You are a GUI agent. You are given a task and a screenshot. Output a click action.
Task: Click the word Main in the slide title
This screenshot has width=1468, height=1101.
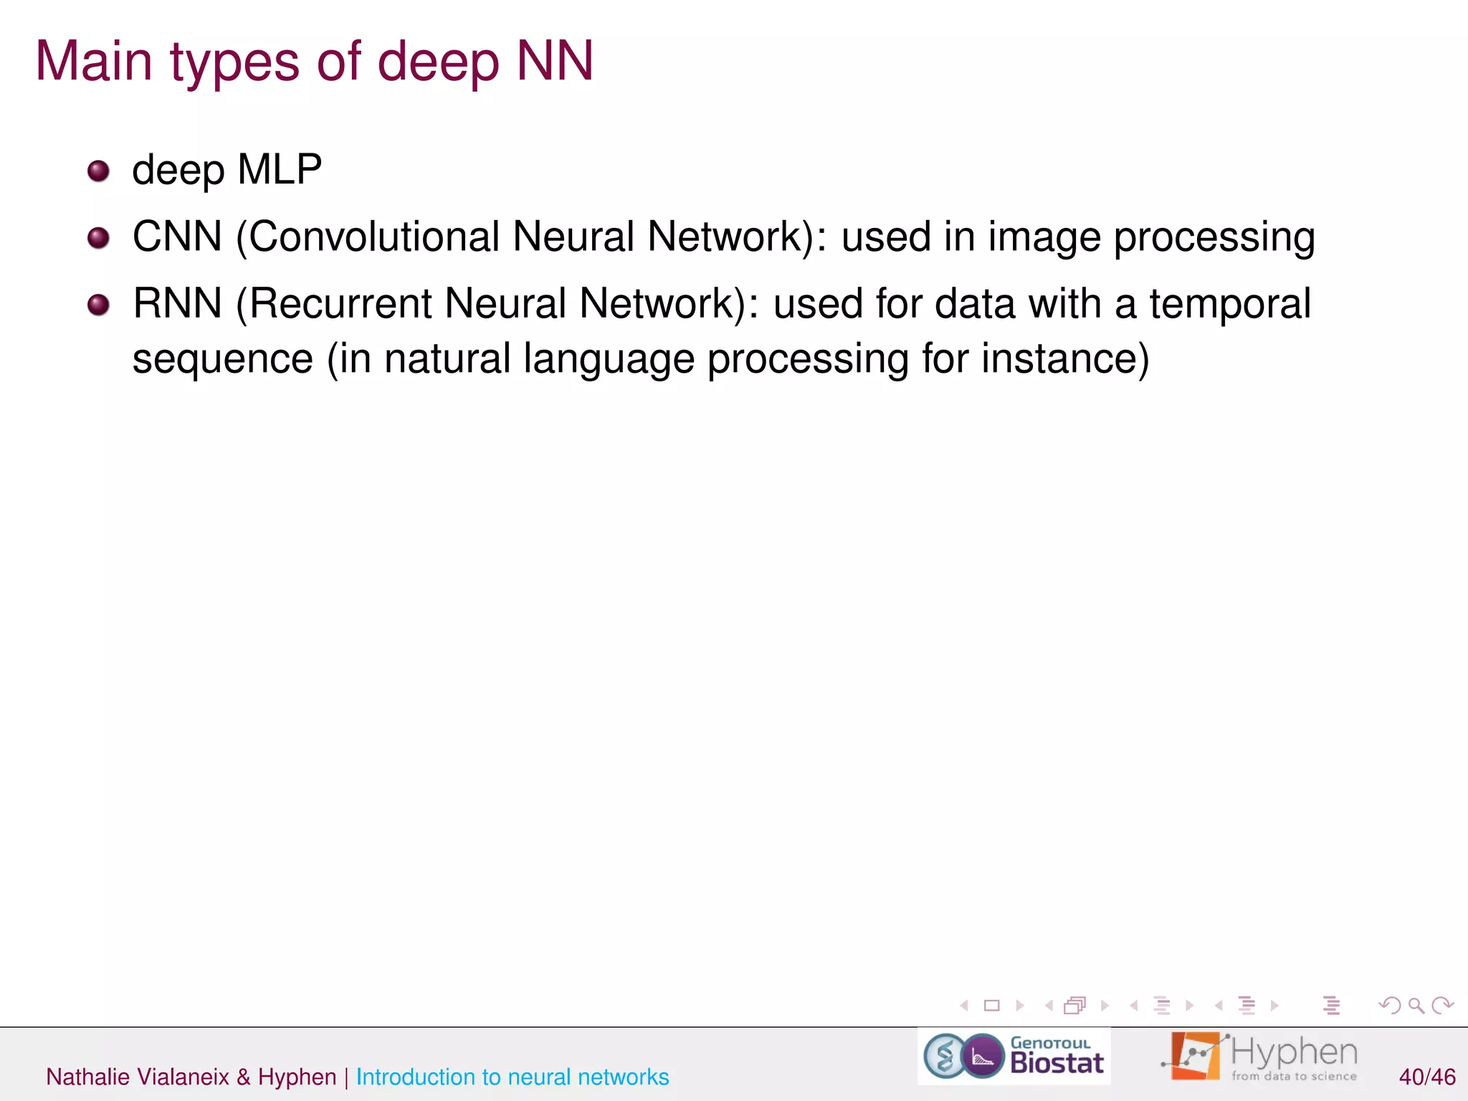tap(94, 62)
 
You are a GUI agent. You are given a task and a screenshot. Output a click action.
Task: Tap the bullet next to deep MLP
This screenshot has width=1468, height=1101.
tap(98, 171)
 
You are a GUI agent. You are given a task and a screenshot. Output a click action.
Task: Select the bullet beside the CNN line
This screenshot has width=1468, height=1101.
tap(98, 238)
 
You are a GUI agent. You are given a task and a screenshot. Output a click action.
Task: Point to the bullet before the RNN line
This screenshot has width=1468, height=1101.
tap(98, 305)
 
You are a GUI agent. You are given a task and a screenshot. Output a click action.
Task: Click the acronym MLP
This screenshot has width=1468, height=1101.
tap(279, 170)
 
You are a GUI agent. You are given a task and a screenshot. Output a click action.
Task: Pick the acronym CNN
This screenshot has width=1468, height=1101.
tap(177, 237)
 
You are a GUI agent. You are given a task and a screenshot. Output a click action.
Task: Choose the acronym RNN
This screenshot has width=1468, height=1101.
tap(177, 303)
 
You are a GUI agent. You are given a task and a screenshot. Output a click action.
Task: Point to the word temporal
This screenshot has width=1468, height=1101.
tap(1230, 304)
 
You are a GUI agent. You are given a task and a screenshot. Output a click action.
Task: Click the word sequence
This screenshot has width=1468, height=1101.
tap(223, 360)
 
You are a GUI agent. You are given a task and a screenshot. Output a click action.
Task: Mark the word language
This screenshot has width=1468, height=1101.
tap(609, 360)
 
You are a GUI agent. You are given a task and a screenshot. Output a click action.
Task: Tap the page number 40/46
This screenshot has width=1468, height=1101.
tap(1426, 1077)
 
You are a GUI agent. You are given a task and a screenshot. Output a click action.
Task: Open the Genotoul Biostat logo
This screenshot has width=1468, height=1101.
tap(1014, 1057)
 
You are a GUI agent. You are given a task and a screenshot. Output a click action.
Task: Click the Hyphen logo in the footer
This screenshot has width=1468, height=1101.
tap(1259, 1057)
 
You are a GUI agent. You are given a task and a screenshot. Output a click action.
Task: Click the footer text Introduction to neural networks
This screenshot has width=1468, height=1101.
tap(512, 1077)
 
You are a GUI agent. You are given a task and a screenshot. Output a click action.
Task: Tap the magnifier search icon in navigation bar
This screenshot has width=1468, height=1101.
tap(1416, 1006)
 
